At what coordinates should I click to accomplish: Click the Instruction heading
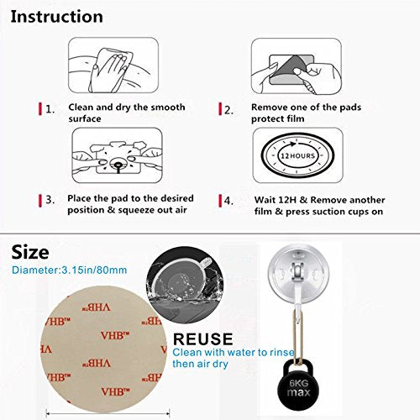(x=58, y=17)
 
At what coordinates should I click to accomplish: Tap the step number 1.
(x=50, y=108)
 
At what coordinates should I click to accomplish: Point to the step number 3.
(x=50, y=201)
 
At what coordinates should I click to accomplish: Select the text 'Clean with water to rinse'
(x=222, y=354)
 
